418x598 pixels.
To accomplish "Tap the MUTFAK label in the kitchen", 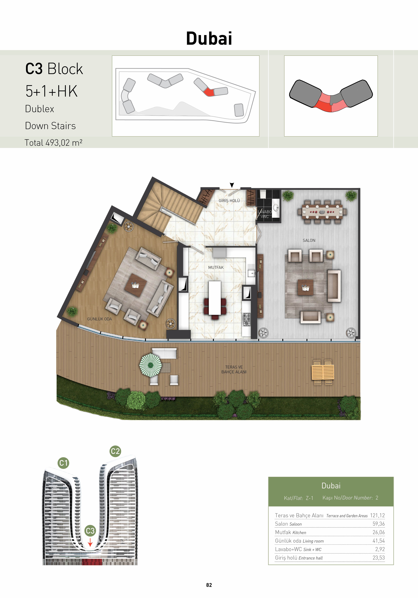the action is click(x=216, y=267).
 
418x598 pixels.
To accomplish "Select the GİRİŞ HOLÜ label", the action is click(x=229, y=201).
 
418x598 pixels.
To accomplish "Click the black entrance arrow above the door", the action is click(x=232, y=185).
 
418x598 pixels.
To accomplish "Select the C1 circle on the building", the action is click(x=63, y=463).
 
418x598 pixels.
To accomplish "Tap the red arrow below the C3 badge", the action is click(x=90, y=542).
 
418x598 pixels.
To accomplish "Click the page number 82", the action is click(x=209, y=585).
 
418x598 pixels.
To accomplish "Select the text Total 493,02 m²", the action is click(x=54, y=142).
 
